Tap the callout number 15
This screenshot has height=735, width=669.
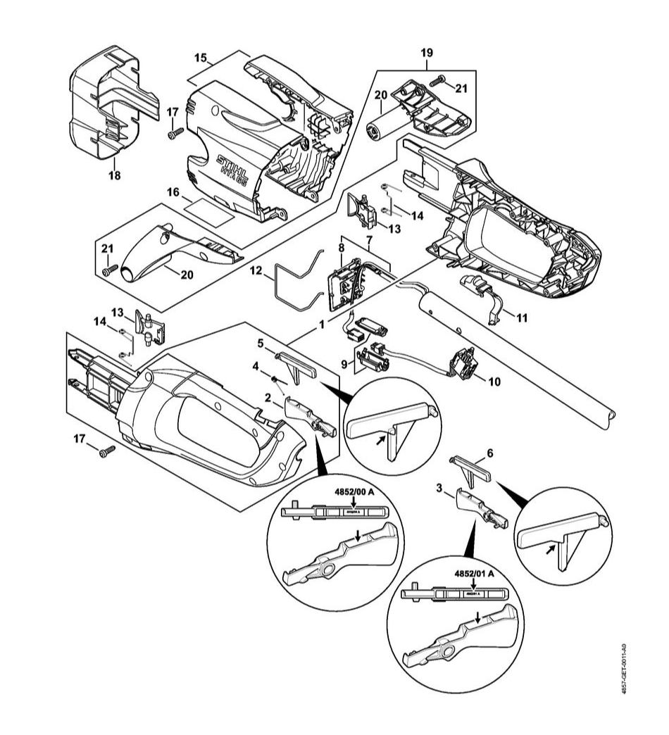(200, 56)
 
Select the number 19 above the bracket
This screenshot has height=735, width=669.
(427, 52)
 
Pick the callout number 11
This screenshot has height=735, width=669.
(521, 318)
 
